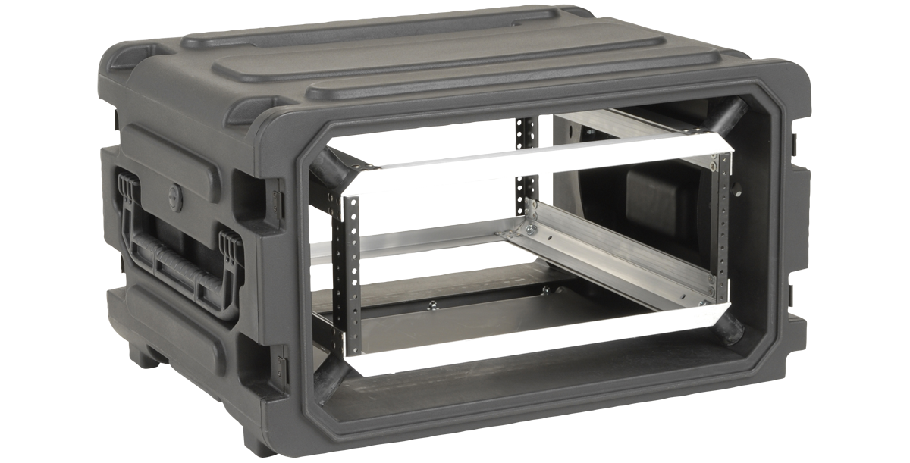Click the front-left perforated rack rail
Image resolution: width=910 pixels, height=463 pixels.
(351, 273)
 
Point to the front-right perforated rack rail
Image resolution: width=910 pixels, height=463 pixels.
(722, 227)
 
